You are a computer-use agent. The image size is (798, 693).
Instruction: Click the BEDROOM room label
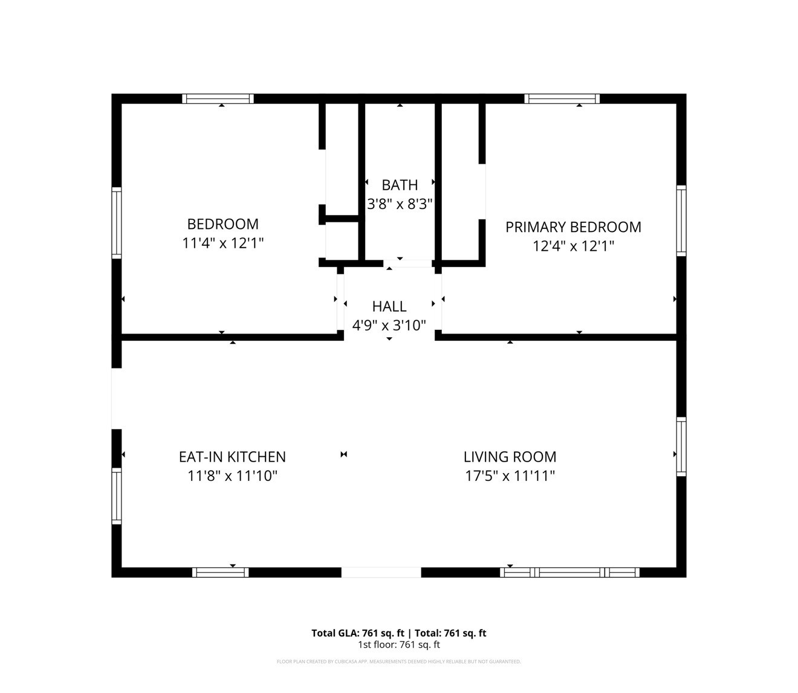coord(222,224)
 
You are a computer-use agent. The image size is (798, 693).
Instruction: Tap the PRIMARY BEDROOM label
coord(573,227)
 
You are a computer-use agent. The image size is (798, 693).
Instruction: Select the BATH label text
coord(400,185)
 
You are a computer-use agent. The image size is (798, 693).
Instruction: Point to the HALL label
coord(389,306)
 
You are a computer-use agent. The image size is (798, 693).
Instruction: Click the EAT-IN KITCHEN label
coord(232,457)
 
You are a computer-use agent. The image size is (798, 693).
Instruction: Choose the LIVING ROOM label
coord(510,457)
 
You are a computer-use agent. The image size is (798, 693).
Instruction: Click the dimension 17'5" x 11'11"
coord(510,476)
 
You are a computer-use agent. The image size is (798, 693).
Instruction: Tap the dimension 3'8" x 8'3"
coord(400,204)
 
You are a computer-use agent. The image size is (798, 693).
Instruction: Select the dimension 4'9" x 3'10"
coord(389,326)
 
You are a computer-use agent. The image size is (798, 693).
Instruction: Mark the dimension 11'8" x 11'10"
coord(232,476)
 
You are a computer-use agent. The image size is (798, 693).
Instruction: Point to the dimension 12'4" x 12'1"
coord(573,247)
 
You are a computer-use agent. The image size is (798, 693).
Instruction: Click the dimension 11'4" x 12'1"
coord(222,243)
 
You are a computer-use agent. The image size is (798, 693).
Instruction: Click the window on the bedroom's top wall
coord(218,98)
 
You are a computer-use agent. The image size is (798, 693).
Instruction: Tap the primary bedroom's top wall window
coord(562,98)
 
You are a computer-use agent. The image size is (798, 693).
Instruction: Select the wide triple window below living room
coord(569,572)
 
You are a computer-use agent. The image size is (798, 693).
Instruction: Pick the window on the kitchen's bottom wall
coord(220,572)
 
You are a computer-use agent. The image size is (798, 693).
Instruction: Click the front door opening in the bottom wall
coord(381,572)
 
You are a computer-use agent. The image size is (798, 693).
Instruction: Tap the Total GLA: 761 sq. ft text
coord(358,633)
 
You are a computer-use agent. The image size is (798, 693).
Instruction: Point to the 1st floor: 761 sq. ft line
coord(399,645)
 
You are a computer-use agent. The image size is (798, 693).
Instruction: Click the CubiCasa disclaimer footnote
coord(399,662)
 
